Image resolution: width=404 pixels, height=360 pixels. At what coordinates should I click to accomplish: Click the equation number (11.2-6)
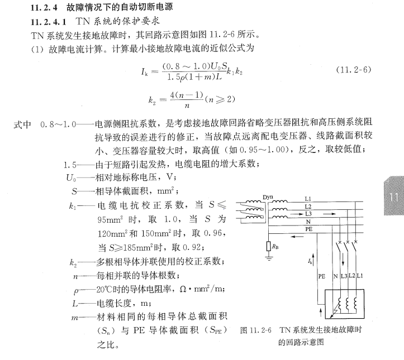pyautogui.click(x=354, y=70)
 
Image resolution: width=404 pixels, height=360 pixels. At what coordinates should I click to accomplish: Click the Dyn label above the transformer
pyautogui.click(x=268, y=197)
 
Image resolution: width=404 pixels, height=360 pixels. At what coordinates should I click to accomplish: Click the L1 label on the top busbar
pyautogui.click(x=308, y=199)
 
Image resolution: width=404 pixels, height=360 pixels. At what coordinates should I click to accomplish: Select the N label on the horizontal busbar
pyautogui.click(x=308, y=220)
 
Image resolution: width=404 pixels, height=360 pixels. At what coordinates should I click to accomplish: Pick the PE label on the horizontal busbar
pyautogui.click(x=308, y=229)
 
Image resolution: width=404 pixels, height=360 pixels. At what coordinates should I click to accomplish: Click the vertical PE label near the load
pyautogui.click(x=321, y=276)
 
